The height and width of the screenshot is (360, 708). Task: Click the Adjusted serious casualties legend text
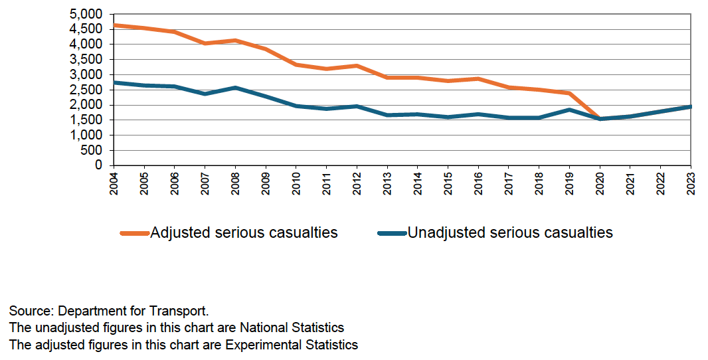(x=244, y=232)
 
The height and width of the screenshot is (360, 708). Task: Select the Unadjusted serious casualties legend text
(x=509, y=232)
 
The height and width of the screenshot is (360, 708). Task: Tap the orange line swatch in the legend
(x=134, y=233)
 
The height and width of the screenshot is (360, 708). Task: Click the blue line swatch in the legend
(x=391, y=233)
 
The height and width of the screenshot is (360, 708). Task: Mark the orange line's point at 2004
(x=115, y=25)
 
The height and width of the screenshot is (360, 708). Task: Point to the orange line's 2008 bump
(x=236, y=41)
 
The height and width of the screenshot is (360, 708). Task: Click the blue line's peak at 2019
(x=569, y=110)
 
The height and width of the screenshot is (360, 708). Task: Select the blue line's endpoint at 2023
(x=690, y=106)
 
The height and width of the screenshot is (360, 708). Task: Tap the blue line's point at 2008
(x=236, y=88)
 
